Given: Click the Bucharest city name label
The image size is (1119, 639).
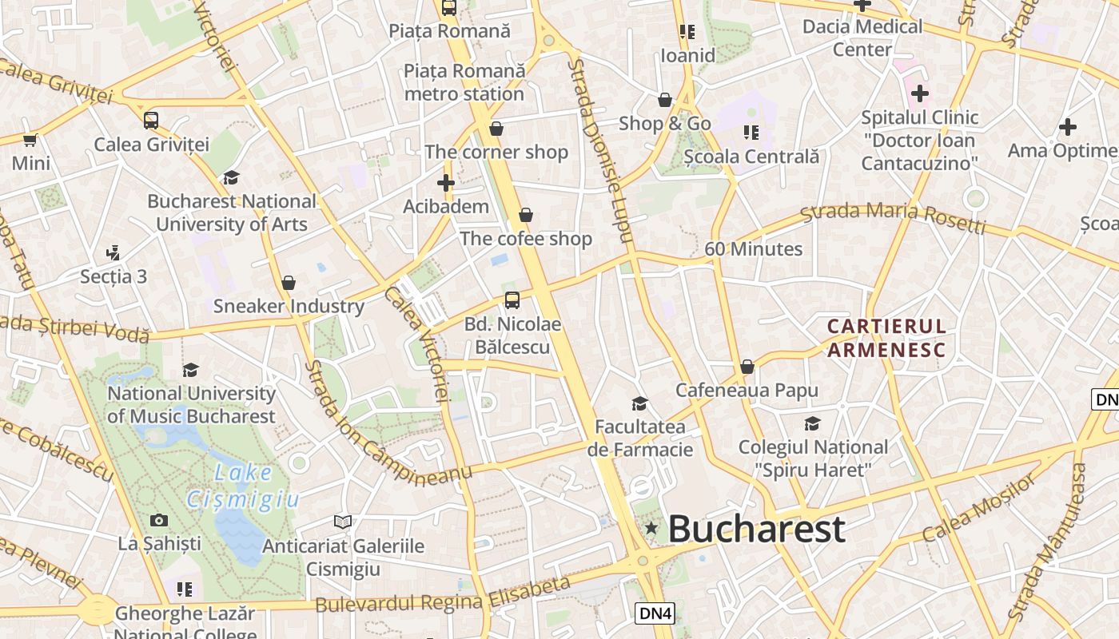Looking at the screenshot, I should click(756, 529).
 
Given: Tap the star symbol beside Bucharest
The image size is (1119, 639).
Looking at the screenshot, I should click(651, 528).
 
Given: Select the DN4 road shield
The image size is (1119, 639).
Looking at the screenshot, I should click(655, 613).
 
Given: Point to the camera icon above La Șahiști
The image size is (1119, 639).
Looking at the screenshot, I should click(159, 521).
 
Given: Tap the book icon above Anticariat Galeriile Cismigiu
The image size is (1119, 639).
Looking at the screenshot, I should click(343, 522).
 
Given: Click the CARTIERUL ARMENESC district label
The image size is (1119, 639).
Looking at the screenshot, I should click(886, 338).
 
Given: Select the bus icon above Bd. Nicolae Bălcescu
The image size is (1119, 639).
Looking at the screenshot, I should click(512, 300).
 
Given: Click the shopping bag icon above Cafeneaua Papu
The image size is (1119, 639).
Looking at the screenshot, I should click(747, 367).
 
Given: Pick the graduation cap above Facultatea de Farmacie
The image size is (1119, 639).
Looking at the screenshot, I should click(639, 403).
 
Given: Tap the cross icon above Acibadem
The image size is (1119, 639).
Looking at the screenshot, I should click(446, 183).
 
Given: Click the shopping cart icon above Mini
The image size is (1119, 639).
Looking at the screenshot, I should click(30, 141).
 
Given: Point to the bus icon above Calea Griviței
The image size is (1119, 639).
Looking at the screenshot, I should click(151, 121).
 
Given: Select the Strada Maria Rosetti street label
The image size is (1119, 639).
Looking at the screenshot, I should click(893, 218).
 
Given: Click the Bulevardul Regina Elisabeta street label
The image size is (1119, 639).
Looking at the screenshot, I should click(444, 595).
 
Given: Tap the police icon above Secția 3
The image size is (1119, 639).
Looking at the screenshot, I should click(113, 253).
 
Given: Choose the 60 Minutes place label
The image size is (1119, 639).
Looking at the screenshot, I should click(753, 249).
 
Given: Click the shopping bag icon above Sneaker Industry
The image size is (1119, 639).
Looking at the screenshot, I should click(289, 283).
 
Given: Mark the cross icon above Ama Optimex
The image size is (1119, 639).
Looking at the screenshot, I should click(1067, 127).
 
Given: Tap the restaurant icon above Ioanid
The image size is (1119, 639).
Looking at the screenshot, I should click(687, 32).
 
